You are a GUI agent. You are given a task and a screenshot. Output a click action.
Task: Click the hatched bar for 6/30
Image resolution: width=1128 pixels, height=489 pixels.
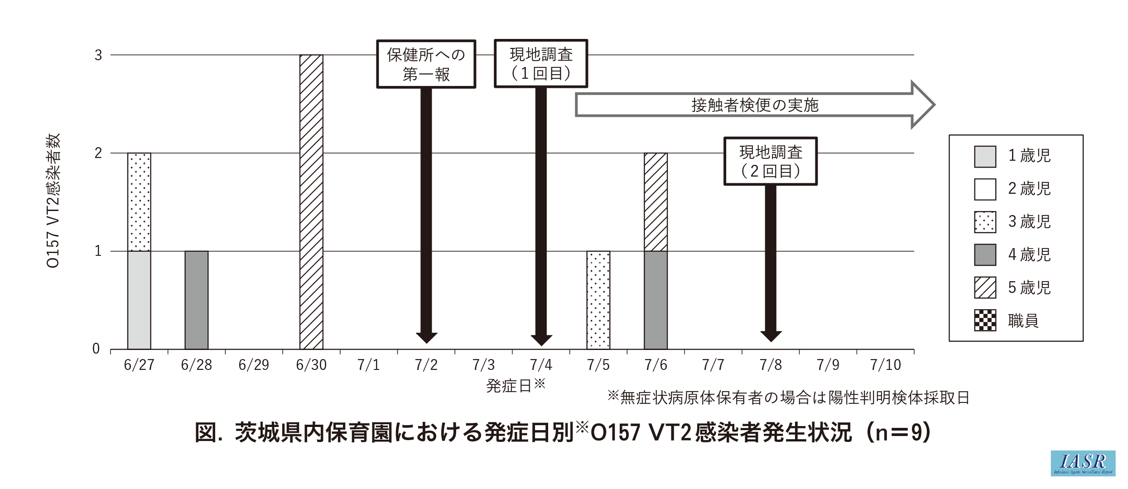coord(311,202)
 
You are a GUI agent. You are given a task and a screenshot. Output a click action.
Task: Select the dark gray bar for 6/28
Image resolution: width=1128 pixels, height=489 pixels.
coord(197,300)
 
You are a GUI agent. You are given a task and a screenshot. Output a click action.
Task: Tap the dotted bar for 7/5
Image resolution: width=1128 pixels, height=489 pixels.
coord(598,300)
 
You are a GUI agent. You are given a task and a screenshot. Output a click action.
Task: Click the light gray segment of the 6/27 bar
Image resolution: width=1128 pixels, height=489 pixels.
coord(139,300)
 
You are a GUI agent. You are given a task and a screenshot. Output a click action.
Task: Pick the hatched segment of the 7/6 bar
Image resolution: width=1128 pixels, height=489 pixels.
coord(656,202)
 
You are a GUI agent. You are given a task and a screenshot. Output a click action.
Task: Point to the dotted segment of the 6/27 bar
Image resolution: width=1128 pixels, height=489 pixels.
coord(139,202)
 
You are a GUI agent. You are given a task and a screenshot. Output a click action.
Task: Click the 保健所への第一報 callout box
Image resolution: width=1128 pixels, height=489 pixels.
coord(426,64)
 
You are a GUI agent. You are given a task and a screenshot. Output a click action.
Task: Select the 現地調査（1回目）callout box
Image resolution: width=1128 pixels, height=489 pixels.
coord(541,64)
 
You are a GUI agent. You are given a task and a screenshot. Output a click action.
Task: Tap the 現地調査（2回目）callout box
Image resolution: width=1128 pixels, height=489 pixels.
coord(771,162)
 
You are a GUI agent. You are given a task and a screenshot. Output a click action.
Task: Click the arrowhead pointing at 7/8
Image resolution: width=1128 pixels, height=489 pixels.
coord(771,336)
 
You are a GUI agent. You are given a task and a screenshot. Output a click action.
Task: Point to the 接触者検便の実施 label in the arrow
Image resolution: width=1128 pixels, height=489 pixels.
coord(755,105)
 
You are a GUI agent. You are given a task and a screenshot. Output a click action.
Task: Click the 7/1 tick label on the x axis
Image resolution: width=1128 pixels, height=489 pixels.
coord(368,365)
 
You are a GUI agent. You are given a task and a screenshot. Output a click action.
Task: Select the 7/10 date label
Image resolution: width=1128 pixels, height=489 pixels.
coord(885,365)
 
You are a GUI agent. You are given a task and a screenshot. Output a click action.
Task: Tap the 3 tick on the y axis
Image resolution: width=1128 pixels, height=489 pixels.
coord(98,55)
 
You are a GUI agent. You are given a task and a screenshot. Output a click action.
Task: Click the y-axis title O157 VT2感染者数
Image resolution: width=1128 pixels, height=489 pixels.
coord(53,201)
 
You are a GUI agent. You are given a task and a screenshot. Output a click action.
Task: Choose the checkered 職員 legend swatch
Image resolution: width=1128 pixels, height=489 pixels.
coord(985,321)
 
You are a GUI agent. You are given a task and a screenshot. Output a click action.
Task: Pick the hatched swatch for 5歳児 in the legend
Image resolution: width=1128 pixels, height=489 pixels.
coord(985,288)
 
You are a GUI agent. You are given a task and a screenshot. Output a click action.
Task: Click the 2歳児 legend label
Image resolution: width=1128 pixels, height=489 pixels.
coord(1029,189)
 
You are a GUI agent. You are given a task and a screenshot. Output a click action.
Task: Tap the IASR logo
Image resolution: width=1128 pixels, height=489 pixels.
coord(1083,463)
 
